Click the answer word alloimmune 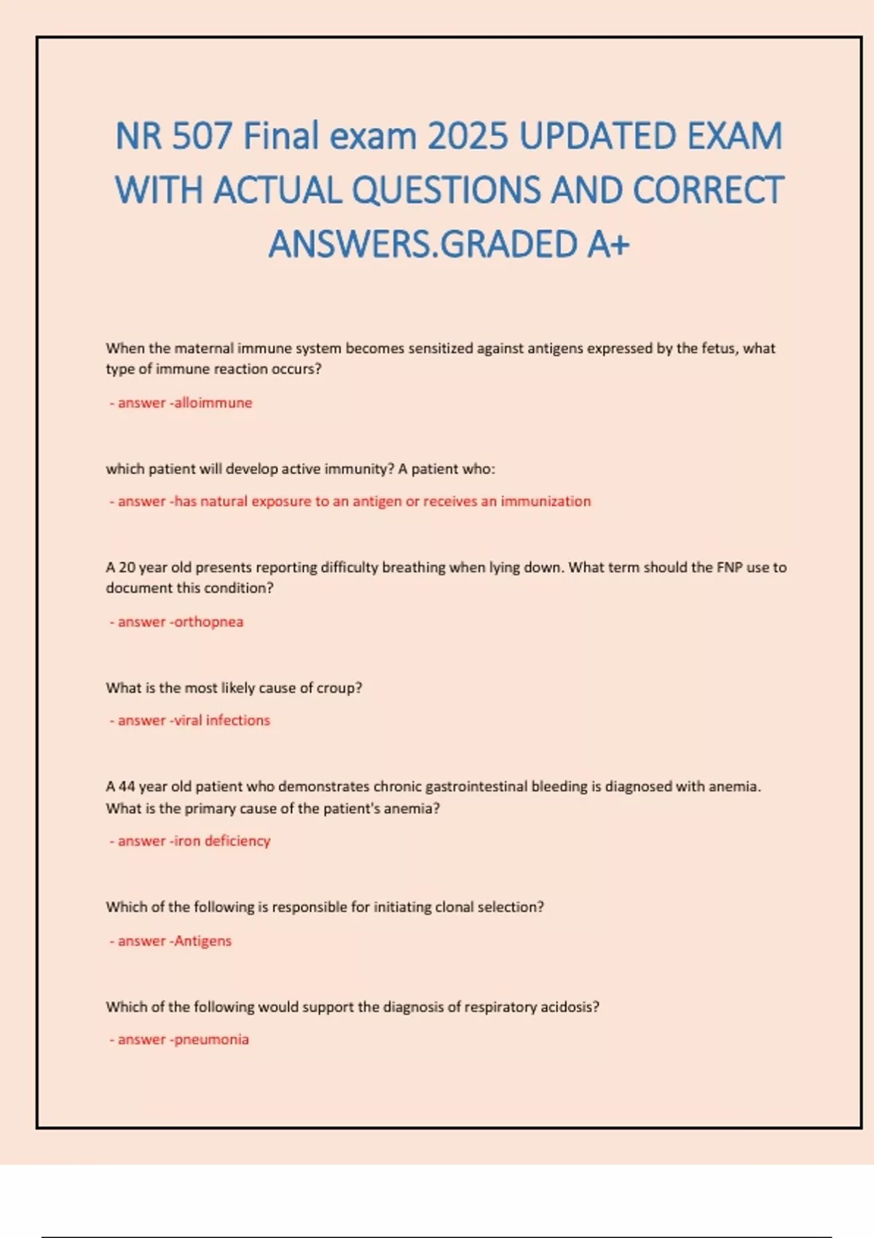click(213, 403)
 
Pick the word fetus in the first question click(718, 348)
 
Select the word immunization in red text click(546, 501)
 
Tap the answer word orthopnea click(209, 622)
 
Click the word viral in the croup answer click(188, 720)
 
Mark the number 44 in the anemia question click(127, 786)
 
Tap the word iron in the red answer click(187, 841)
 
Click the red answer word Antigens click(203, 941)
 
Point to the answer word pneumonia click(212, 1040)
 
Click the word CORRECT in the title click(708, 190)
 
